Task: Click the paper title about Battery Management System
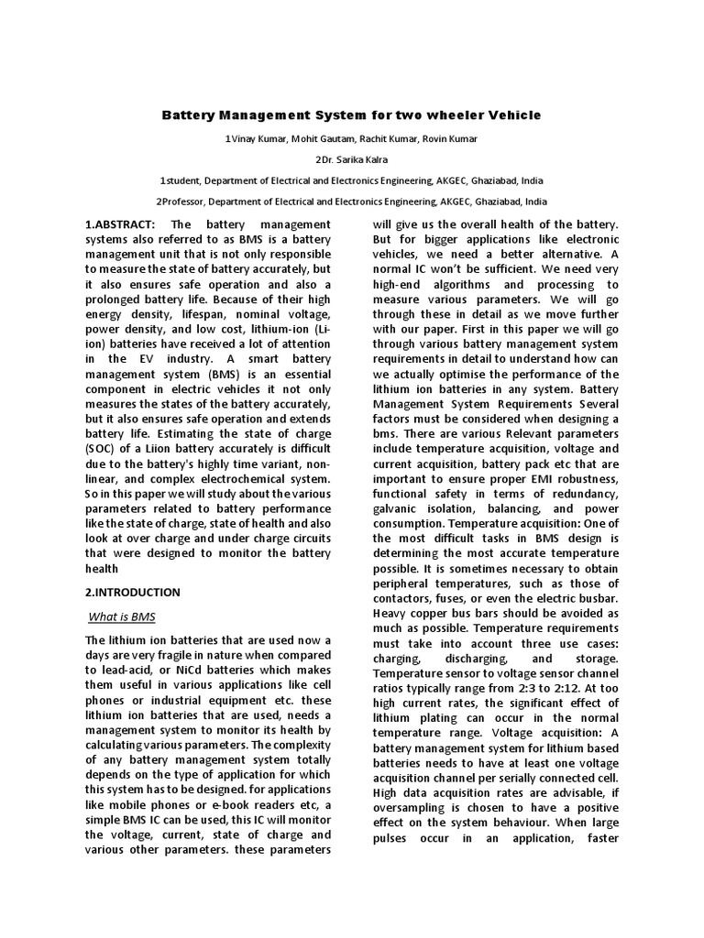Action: coord(352,115)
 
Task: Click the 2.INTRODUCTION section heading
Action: coord(132,592)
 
